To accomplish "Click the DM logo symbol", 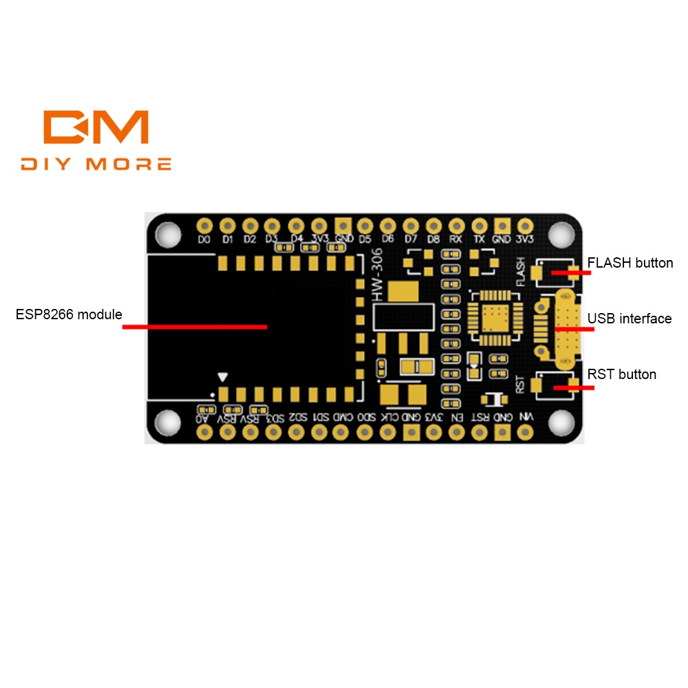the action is point(96,127).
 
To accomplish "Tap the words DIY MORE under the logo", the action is point(96,164).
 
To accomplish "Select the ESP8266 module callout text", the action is point(69,314).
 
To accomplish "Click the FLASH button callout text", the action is point(630,263).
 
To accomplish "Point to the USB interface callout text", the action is point(629,319).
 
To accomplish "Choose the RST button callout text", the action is point(621,374).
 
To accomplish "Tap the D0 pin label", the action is point(204,239).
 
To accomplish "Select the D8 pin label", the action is point(433,239).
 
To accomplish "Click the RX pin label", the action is point(455,239).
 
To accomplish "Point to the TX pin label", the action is point(479,239).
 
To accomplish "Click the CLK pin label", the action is point(389,418).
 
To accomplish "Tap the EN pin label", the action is point(455,418).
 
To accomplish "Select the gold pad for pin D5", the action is point(365,226).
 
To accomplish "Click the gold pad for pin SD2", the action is point(297,432).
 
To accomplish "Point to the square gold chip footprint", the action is point(492,316).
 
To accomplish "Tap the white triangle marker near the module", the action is point(222,377).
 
